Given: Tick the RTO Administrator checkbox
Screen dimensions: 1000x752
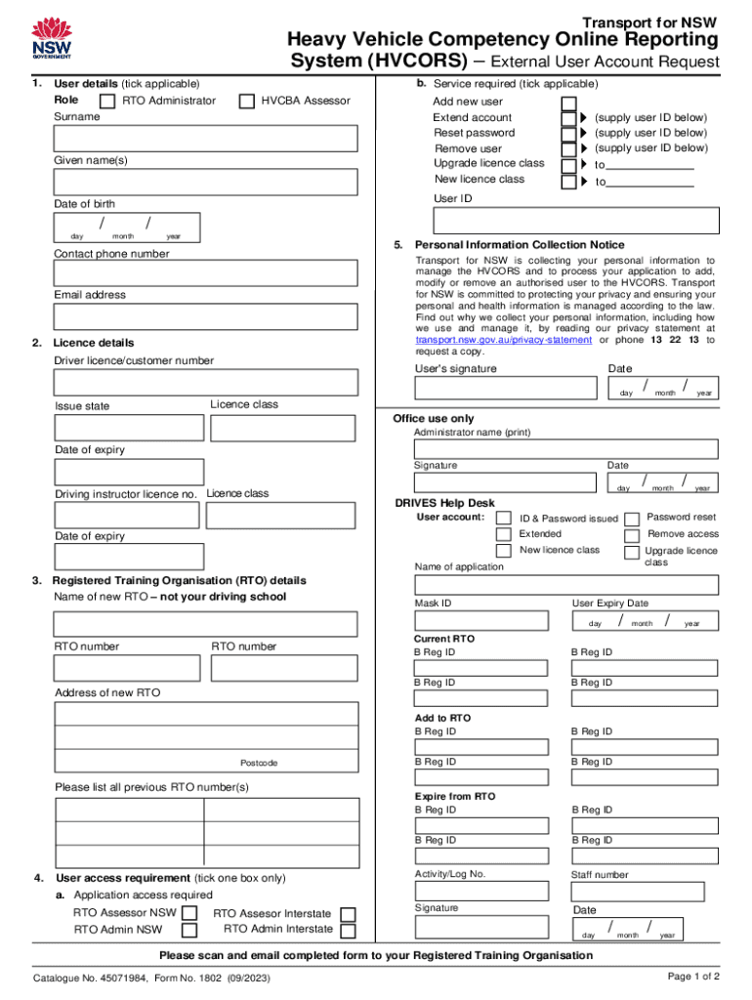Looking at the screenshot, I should (x=106, y=101).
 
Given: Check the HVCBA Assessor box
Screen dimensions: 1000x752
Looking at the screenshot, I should (x=246, y=101).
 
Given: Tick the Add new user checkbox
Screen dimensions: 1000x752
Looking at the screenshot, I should (x=568, y=103).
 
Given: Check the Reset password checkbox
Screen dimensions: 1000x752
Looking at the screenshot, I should (x=568, y=134).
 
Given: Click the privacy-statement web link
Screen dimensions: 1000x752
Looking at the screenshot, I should (x=504, y=340).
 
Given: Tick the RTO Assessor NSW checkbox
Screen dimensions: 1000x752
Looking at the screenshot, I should (x=190, y=914).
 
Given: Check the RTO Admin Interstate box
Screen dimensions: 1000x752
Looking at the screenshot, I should (x=347, y=930).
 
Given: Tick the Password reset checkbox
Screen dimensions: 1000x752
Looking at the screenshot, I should (x=632, y=519).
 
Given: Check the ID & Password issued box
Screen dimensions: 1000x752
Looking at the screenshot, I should (x=503, y=519).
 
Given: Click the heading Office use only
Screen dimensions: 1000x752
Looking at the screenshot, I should (x=433, y=418).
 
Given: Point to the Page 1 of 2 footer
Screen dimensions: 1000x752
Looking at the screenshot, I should (x=693, y=976).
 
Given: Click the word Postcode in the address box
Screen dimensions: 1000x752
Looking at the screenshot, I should (x=259, y=763).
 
